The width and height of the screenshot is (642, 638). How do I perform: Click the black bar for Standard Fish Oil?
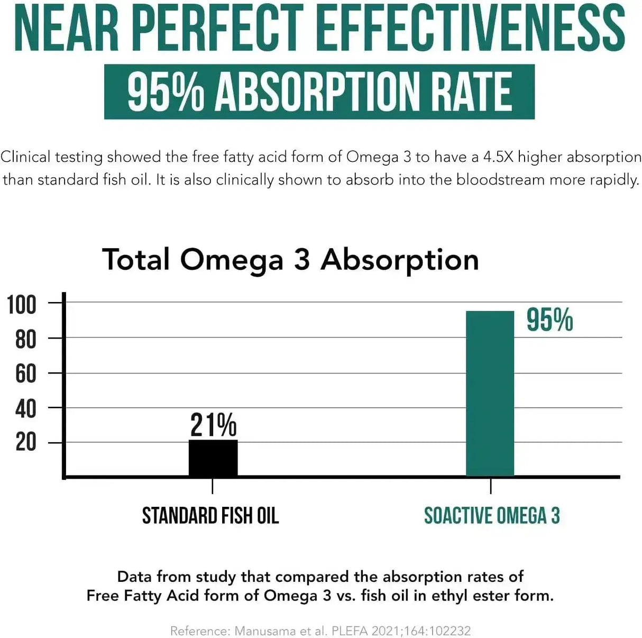213,458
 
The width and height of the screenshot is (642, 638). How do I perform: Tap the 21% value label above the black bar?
213,425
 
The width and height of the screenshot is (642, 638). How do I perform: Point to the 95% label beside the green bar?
549,320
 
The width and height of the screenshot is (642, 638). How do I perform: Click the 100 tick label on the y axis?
22,305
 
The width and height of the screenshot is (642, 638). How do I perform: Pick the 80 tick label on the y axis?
26,339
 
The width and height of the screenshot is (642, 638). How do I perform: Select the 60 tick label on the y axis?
26,374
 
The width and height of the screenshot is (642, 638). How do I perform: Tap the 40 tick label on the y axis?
26,409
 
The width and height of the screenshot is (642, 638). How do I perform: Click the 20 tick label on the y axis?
26,442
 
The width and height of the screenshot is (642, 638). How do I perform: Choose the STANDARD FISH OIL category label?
210,516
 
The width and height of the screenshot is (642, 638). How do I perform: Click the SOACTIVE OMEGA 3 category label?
492,516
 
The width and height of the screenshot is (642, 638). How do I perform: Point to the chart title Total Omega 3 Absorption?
290,260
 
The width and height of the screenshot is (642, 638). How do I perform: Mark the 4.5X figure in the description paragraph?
499,157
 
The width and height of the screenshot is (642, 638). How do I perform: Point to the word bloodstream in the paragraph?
500,180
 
